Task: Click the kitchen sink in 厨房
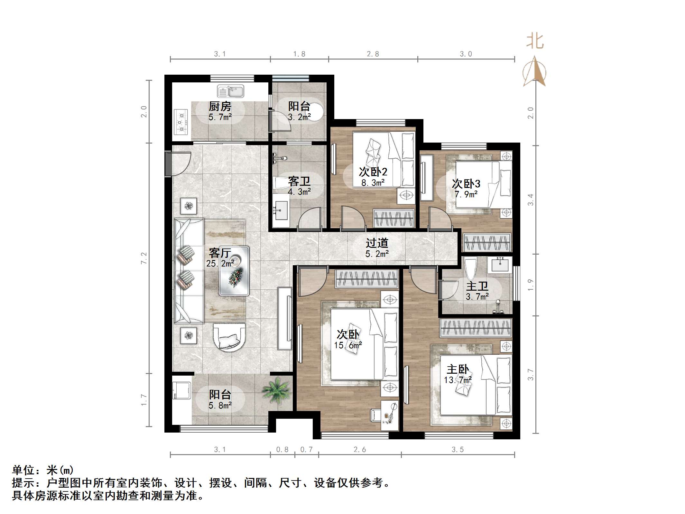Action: click(230, 91)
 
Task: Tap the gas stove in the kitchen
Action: click(181, 122)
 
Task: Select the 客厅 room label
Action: click(220, 253)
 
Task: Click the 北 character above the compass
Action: click(534, 42)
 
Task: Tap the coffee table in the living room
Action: click(234, 271)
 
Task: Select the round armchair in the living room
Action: click(229, 337)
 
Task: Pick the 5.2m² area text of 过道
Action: click(377, 254)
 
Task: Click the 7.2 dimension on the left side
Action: click(144, 258)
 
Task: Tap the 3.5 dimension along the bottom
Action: click(457, 450)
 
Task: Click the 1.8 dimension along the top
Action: click(299, 54)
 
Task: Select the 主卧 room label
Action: click(458, 369)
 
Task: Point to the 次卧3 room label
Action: click(466, 184)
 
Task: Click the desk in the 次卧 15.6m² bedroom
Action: click(389, 415)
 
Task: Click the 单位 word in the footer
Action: click(23, 471)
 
